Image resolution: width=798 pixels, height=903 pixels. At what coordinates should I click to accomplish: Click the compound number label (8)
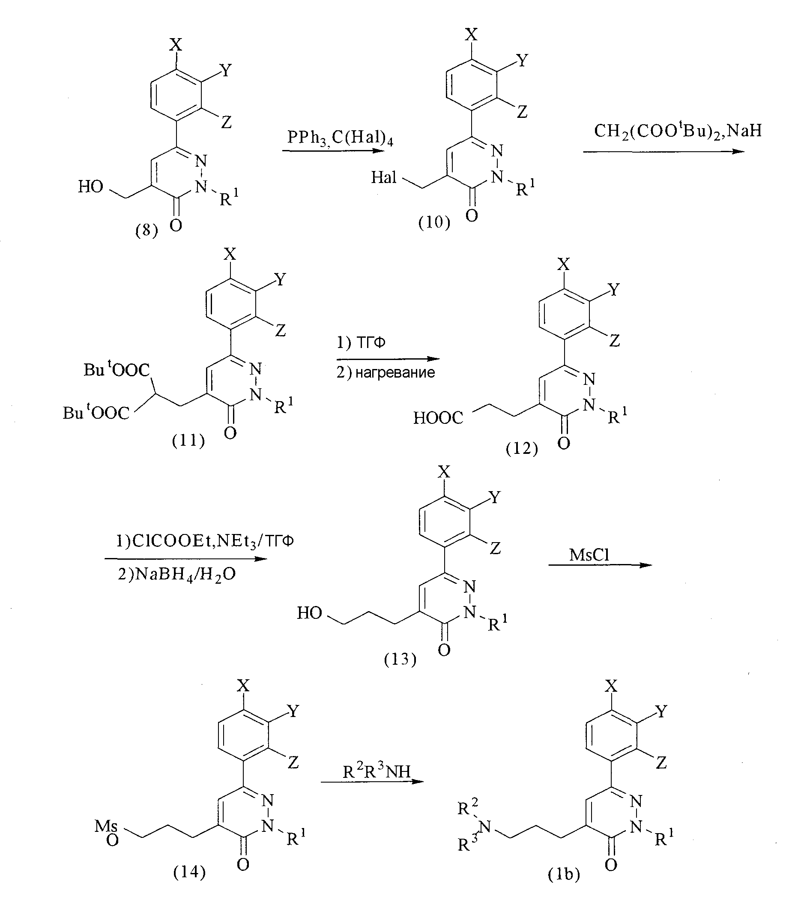[x=146, y=231]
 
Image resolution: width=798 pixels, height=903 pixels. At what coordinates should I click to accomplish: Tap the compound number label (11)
[x=188, y=441]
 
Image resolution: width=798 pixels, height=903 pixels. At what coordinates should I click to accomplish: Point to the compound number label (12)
[x=522, y=449]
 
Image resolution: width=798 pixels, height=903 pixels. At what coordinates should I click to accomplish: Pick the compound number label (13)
[x=400, y=660]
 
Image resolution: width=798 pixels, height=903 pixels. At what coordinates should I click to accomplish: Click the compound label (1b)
[x=564, y=874]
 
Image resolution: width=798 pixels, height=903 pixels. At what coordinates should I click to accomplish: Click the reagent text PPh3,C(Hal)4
[x=340, y=138]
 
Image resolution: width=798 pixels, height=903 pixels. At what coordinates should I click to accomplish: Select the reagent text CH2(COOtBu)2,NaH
[x=678, y=131]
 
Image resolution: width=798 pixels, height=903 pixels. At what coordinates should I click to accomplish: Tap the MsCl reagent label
[x=589, y=555]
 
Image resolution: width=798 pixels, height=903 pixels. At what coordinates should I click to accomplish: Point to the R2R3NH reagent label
[x=377, y=770]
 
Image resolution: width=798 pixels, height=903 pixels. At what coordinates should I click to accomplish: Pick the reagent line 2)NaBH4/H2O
[x=176, y=575]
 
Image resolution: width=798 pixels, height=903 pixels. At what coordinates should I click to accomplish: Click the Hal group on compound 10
[x=384, y=177]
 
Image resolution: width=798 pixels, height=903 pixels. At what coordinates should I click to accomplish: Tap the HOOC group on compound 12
[x=438, y=418]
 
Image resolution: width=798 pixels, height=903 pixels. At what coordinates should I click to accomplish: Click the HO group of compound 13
[x=309, y=613]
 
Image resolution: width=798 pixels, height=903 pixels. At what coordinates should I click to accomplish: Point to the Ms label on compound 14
[x=106, y=825]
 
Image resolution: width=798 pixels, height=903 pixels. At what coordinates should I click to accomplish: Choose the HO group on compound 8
[x=90, y=187]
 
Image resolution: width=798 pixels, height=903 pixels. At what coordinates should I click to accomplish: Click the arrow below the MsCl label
[x=601, y=565]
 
